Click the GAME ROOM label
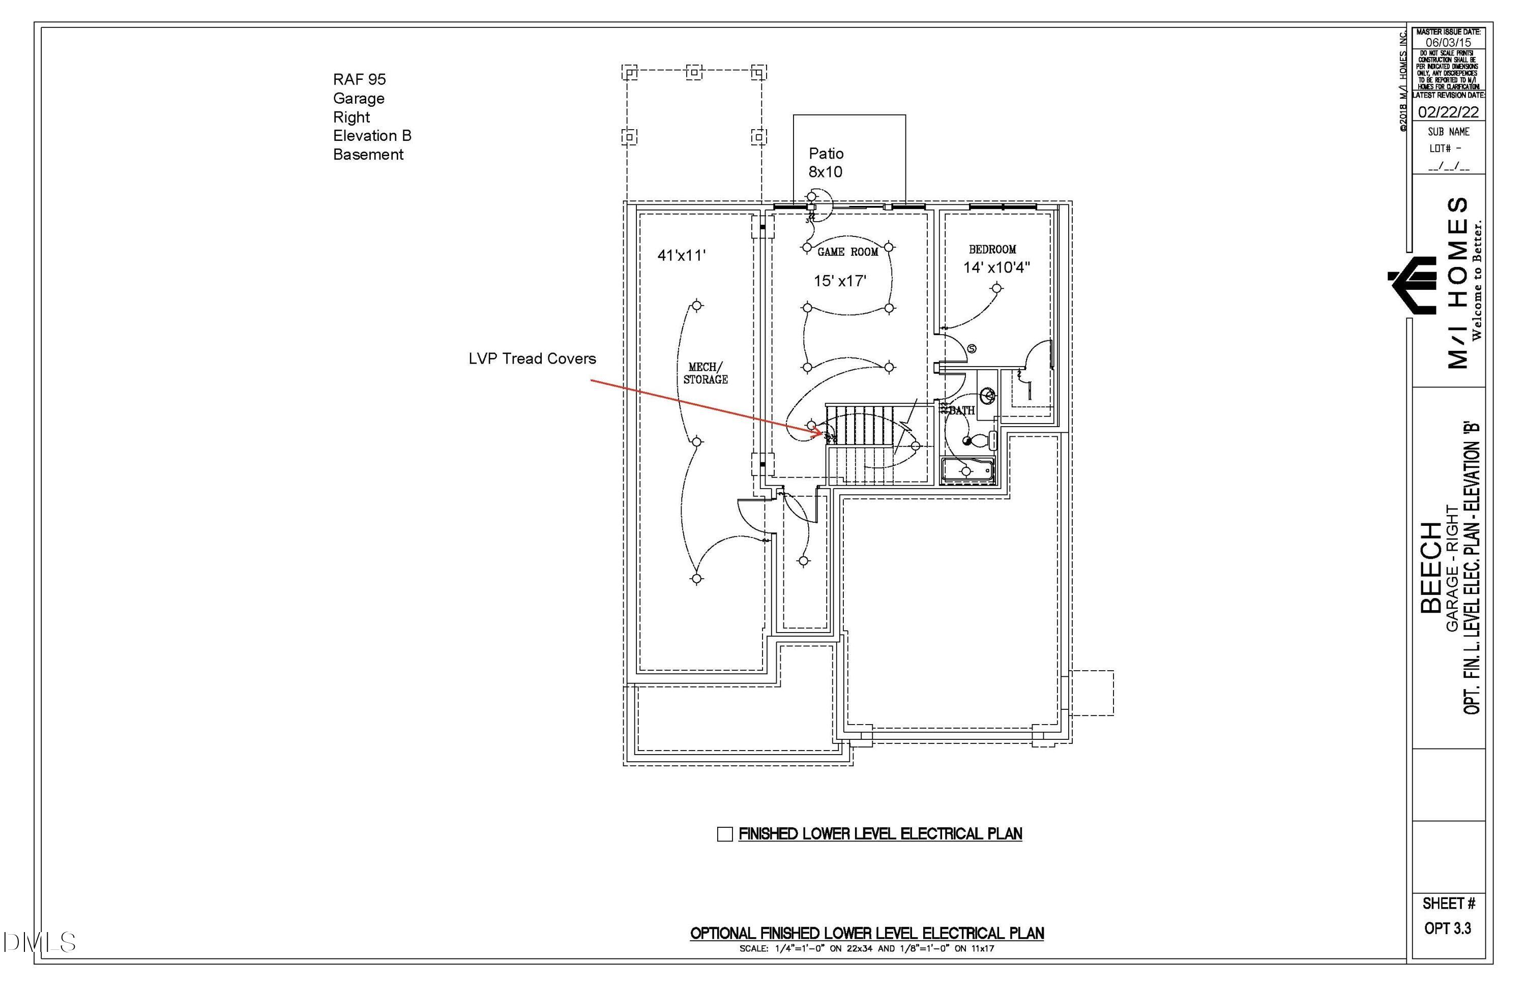[x=847, y=253]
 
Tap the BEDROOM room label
[x=992, y=249]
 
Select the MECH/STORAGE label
[x=706, y=373]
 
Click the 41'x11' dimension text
[x=681, y=256]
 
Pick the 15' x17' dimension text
[x=840, y=281]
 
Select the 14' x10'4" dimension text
[x=996, y=268]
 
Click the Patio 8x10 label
[x=826, y=163]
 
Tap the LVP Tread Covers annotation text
[x=532, y=359]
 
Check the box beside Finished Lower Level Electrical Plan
[x=724, y=834]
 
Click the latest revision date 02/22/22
[x=1448, y=112]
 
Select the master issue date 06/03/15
[x=1448, y=42]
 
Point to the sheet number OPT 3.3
[x=1448, y=928]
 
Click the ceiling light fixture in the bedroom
[x=996, y=289]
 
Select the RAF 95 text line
[x=359, y=79]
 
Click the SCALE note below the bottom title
[x=866, y=948]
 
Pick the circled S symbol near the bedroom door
[x=972, y=349]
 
